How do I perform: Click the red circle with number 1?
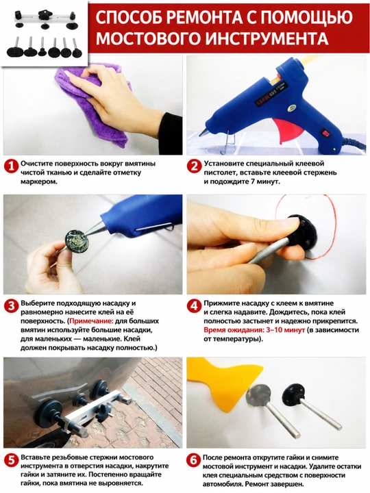[x=12, y=166]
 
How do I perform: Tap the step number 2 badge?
[x=194, y=166]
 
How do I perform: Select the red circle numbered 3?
[x=12, y=306]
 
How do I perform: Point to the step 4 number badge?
[x=194, y=306]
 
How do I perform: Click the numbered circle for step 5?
[x=12, y=461]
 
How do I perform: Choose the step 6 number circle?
[x=194, y=461]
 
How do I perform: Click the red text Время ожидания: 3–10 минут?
[x=254, y=330]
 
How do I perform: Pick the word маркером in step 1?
[x=39, y=181]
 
